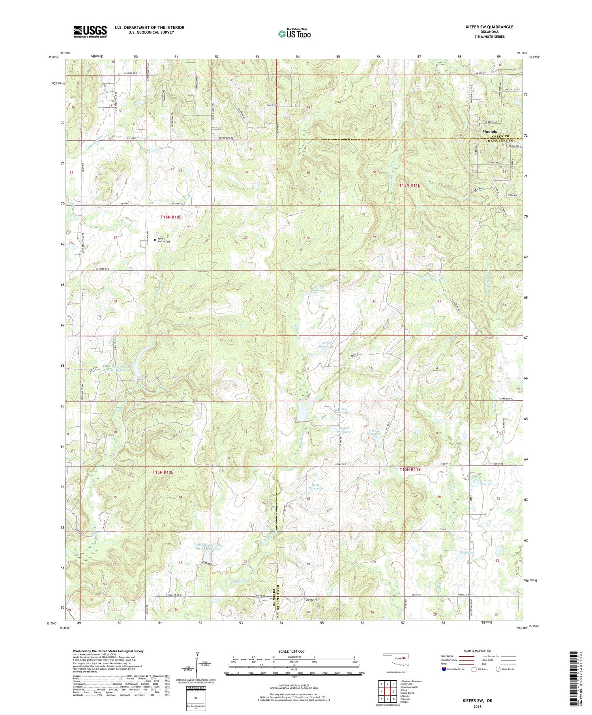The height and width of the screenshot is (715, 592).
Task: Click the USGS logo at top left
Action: click(90, 32)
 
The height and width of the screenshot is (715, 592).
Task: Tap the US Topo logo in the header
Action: click(294, 34)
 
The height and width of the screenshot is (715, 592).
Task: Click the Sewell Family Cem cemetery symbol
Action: click(155, 239)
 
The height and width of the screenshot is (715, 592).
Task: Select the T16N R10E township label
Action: click(171, 217)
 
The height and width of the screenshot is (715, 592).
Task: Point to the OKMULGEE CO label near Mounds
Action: click(501, 140)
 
